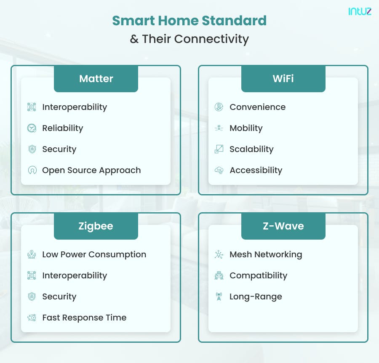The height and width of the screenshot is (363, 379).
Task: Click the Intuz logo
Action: click(360, 11)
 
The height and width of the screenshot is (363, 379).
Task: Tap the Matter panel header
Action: click(96, 79)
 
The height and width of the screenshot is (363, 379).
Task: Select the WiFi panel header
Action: click(283, 79)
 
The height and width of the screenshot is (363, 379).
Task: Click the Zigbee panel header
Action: click(96, 226)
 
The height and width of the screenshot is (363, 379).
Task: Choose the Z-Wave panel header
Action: click(283, 226)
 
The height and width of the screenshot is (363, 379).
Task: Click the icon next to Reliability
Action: click(32, 128)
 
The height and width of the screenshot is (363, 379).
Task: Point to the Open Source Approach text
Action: click(91, 170)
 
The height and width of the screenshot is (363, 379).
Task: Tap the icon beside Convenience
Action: click(219, 107)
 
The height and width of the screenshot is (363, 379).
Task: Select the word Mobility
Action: click(246, 128)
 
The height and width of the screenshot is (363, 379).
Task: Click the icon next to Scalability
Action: click(219, 149)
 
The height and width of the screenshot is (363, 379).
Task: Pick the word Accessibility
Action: click(256, 170)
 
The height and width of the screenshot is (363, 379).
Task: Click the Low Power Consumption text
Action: click(94, 254)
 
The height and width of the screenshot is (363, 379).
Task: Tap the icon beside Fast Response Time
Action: click(32, 318)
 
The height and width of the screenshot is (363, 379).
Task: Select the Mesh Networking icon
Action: click(219, 254)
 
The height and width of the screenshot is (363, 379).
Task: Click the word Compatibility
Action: click(258, 275)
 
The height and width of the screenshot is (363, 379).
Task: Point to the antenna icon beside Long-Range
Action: click(219, 296)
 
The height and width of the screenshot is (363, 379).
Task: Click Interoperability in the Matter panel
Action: click(75, 107)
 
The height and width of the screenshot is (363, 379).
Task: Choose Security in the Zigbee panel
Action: click(59, 296)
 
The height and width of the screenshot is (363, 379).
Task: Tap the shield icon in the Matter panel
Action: click(32, 149)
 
